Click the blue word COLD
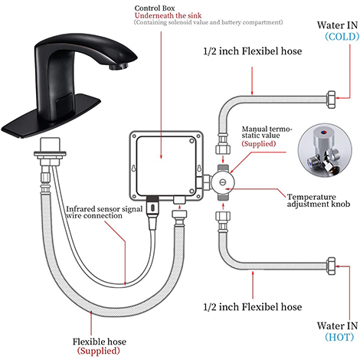coord(342,37)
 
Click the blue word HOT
coord(339,337)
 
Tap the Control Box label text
coord(155,8)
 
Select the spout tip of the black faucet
coord(119,67)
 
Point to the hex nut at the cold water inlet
coord(331,100)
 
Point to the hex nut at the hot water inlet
coord(331,266)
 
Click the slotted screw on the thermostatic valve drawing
coord(223,182)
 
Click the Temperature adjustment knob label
coord(319,201)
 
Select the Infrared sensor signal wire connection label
coord(104,212)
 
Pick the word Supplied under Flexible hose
coord(99,351)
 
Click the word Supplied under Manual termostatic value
coord(259,144)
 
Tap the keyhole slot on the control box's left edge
coord(133,169)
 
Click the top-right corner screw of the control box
coord(199,136)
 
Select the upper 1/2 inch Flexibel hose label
coord(253,51)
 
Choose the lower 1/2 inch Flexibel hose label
coord(253,307)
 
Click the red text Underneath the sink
coord(168,15)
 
